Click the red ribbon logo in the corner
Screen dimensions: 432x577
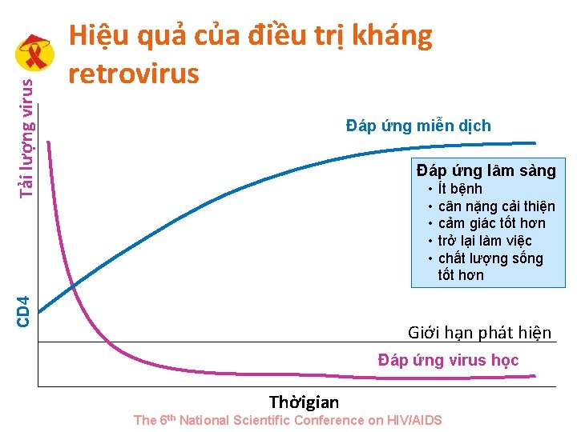coord(35,54)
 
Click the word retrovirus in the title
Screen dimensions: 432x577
coord(133,74)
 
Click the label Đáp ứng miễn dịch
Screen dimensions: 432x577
coord(418,126)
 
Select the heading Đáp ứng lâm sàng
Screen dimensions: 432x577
coord(486,170)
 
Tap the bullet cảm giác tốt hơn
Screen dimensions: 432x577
coord(491,223)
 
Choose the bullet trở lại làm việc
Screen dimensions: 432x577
coord(485,241)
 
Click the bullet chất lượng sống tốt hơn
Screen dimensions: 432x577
coord(490,266)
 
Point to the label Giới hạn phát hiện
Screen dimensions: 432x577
coord(479,333)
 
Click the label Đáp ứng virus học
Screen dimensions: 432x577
coord(448,360)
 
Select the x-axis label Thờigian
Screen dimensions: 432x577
coord(304,402)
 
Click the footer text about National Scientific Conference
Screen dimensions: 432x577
coord(288,420)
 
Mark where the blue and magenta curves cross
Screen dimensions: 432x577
coord(72,286)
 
